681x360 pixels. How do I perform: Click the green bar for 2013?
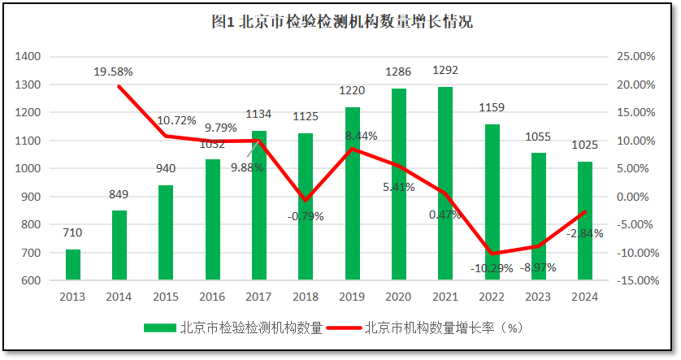[73, 265]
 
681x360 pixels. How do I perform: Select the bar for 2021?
[445, 184]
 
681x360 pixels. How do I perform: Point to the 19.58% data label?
[113, 72]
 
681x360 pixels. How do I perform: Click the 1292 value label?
[445, 70]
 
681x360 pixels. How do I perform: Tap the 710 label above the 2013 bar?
[72, 232]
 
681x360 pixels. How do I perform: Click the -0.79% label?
[305, 216]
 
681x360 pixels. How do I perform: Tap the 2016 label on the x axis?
[212, 297]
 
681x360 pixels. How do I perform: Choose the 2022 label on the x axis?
[492, 297]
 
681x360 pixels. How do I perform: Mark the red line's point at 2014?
[119, 85]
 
